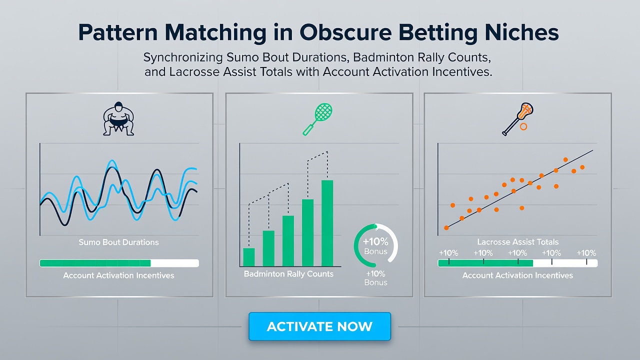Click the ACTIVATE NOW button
pyautogui.click(x=319, y=326)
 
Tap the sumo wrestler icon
pyautogui.click(x=118, y=118)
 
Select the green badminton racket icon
pyautogui.click(x=317, y=119)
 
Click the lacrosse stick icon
pyautogui.click(x=517, y=119)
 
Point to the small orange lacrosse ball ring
pyautogui.click(x=523, y=127)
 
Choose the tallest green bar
pyautogui.click(x=327, y=223)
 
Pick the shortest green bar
pyautogui.click(x=249, y=257)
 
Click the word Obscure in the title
pyautogui.click(x=345, y=32)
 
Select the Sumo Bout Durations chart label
pyautogui.click(x=118, y=242)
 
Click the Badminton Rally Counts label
pyautogui.click(x=288, y=274)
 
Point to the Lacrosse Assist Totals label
pyautogui.click(x=517, y=242)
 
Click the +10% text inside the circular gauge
pyautogui.click(x=375, y=241)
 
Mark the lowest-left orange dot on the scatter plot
pyautogui.click(x=446, y=227)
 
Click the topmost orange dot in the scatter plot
pyautogui.click(x=565, y=159)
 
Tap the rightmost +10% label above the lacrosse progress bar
pyautogui.click(x=586, y=253)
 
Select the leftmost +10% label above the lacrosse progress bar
pyautogui.click(x=448, y=253)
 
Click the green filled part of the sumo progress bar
pyautogui.click(x=95, y=263)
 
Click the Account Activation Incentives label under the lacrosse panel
pyautogui.click(x=517, y=275)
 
